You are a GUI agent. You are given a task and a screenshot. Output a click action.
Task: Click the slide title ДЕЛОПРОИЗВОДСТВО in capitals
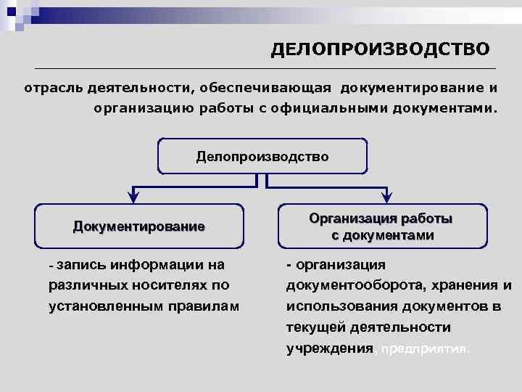[380, 49]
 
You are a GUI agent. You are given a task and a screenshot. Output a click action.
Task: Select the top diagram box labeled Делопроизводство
[262, 157]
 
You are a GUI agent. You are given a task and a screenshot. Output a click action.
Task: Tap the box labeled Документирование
[139, 226]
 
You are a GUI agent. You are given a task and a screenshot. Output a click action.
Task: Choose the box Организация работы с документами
[381, 226]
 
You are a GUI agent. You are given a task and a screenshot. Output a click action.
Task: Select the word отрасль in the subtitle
[51, 89]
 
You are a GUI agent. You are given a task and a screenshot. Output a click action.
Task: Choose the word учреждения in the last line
[329, 348]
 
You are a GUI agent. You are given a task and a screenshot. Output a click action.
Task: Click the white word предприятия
[424, 348]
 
